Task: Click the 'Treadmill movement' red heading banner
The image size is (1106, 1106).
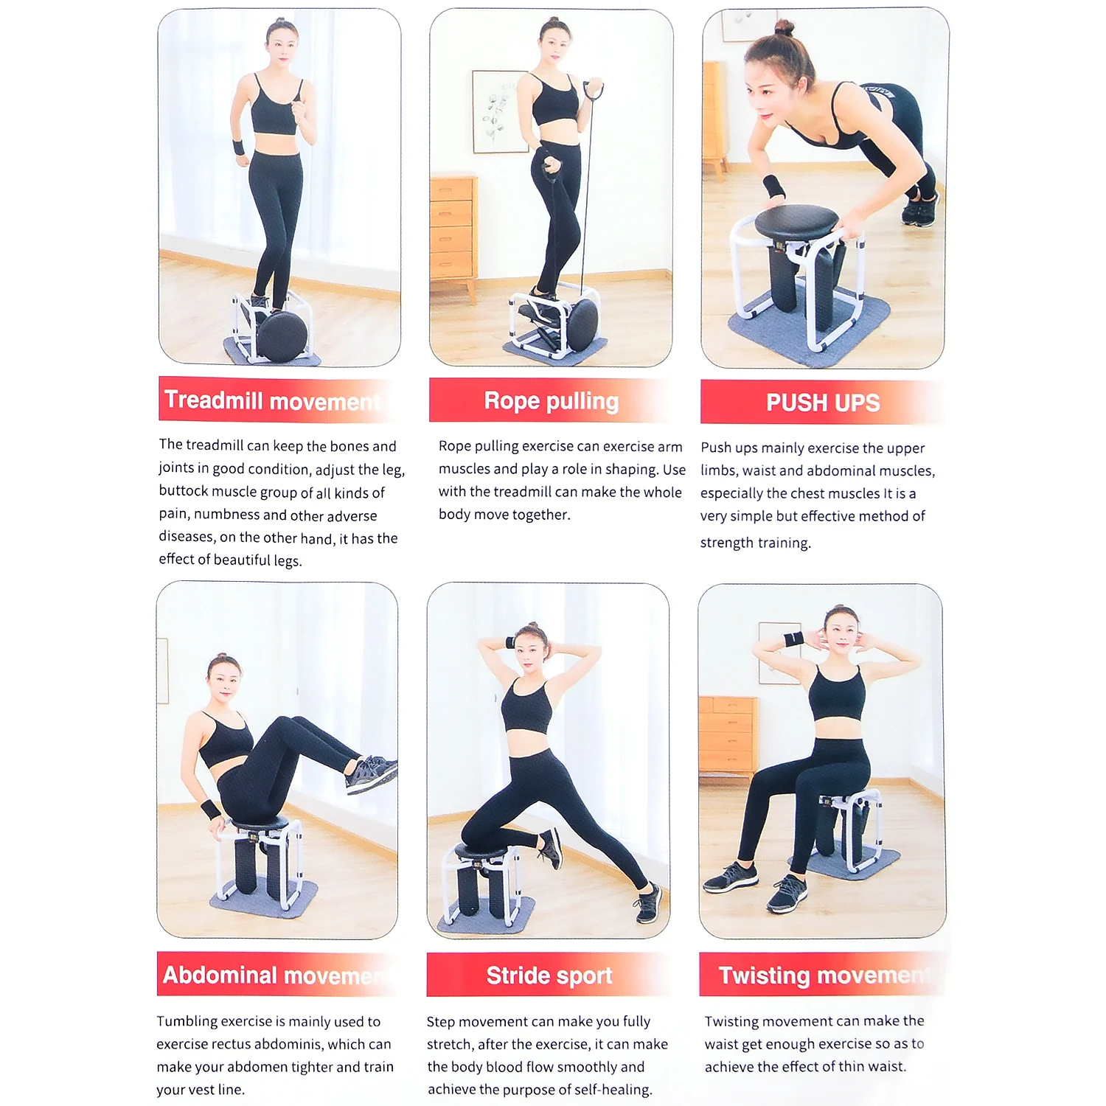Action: coord(273,400)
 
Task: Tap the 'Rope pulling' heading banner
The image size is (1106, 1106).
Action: coord(551,400)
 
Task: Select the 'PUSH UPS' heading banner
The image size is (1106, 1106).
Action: coord(822,403)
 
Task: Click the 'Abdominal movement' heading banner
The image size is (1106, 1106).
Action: coord(273,975)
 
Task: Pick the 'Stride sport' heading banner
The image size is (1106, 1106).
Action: coord(549,975)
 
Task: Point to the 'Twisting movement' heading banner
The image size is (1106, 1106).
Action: coord(822,975)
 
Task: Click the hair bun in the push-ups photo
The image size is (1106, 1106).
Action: coord(784,28)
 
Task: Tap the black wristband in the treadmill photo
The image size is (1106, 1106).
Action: coord(239,146)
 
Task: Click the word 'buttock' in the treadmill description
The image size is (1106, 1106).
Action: coord(184,492)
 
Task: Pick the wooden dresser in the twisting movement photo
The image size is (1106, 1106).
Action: coord(728,734)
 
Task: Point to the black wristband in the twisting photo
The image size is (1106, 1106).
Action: coord(793,639)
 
